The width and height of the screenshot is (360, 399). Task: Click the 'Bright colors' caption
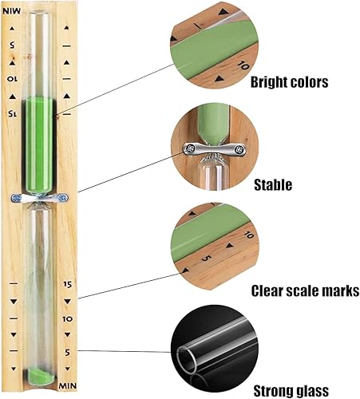(x=289, y=82)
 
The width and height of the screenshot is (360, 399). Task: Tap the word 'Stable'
(x=273, y=184)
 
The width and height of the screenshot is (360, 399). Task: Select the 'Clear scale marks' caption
(x=305, y=290)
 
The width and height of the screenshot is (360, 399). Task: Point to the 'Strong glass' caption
(x=291, y=391)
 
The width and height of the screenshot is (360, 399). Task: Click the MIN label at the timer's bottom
(x=68, y=385)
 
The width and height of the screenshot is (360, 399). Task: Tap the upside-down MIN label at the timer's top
(x=11, y=11)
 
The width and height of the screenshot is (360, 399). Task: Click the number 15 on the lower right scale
(x=68, y=284)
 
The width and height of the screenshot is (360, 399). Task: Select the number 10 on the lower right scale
(x=68, y=318)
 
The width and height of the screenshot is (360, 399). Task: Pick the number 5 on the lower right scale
(x=68, y=353)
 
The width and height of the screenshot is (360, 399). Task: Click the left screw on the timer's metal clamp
(x=15, y=198)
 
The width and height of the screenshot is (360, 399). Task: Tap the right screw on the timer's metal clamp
(x=62, y=198)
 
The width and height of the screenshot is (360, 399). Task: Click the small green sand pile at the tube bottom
(x=41, y=375)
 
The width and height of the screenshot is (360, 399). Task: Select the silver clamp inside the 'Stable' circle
(x=215, y=149)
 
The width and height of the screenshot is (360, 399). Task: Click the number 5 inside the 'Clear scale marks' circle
(x=207, y=258)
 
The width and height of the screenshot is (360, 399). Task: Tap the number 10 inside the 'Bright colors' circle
(x=243, y=65)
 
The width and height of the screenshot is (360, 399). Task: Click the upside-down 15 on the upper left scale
(x=12, y=114)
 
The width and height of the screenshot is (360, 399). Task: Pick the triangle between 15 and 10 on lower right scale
(x=68, y=302)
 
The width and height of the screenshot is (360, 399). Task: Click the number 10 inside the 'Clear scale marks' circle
(x=249, y=235)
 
